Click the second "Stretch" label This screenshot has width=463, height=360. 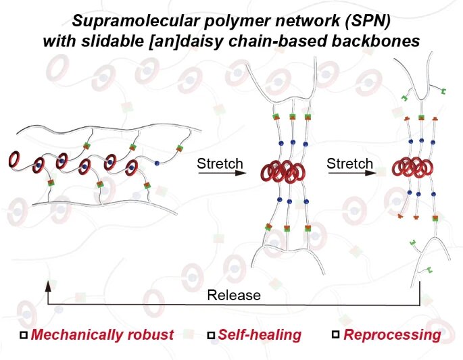point(349,164)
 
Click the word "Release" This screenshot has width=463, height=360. point(234,295)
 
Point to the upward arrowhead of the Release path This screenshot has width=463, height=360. point(47,286)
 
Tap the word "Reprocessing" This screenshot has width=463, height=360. point(392,334)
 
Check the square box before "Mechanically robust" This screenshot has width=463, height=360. point(25,335)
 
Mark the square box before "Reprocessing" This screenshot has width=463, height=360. point(336,335)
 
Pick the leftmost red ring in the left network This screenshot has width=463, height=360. point(14,159)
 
